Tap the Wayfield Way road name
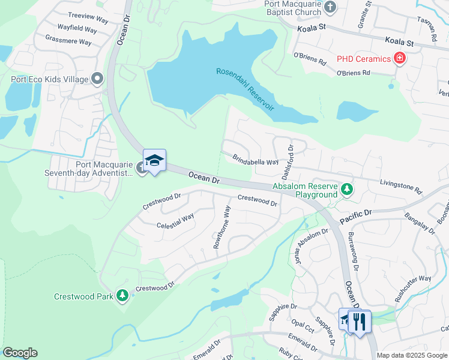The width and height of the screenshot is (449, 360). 77,29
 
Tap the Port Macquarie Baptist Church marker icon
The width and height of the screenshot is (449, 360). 330,7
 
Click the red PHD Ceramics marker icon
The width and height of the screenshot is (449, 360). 399,58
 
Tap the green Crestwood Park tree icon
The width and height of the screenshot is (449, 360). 122,295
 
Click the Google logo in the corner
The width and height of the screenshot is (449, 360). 20,353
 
